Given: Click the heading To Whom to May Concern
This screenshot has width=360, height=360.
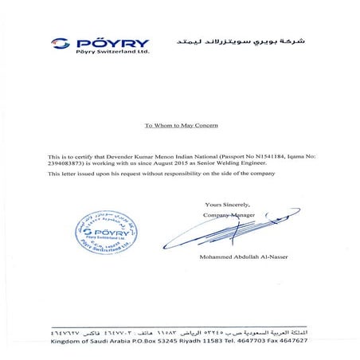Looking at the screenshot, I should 179,126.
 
